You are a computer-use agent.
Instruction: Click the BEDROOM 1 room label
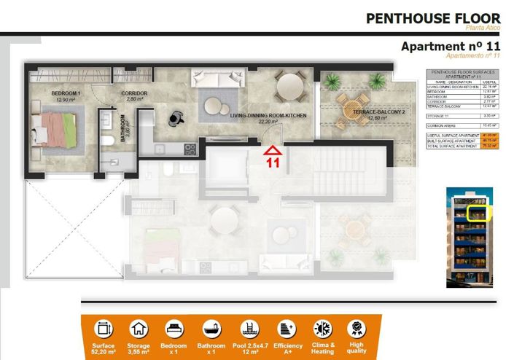pyautogui.click(x=65, y=95)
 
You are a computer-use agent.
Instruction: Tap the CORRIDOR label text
pyautogui.click(x=135, y=93)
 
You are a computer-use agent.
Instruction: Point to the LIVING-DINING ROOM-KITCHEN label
pyautogui.click(x=268, y=117)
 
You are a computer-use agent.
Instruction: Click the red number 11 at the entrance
pyautogui.click(x=273, y=163)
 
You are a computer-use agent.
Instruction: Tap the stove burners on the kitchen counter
pyautogui.click(x=190, y=149)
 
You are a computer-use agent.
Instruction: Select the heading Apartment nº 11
pyautogui.click(x=451, y=47)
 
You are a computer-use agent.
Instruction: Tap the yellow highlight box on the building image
pyautogui.click(x=478, y=212)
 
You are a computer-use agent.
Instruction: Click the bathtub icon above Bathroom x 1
pyautogui.click(x=214, y=329)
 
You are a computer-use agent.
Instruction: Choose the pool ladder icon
pyautogui.click(x=249, y=329)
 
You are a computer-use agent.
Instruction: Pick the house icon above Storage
pyautogui.click(x=139, y=329)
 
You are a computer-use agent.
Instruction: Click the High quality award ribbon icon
pyautogui.click(x=357, y=329)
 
